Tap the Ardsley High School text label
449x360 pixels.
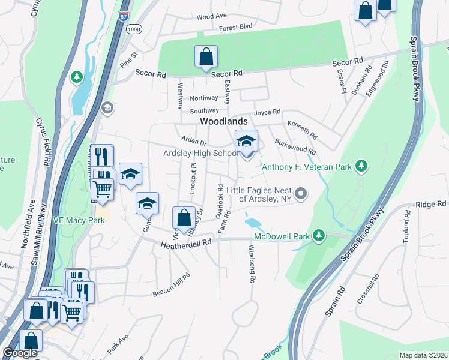(201, 154)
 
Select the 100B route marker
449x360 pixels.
(134, 28)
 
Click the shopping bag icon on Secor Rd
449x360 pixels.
(206, 57)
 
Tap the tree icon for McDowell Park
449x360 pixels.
(320, 236)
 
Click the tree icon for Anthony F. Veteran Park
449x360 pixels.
(361, 166)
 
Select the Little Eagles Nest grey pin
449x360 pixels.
(301, 193)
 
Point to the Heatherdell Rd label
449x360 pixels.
(187, 243)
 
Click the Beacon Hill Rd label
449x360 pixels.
(171, 284)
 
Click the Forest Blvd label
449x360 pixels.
(236, 27)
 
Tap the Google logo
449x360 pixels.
(20, 353)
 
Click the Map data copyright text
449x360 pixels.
(423, 355)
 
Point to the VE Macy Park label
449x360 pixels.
(79, 220)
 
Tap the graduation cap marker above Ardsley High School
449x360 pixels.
(246, 142)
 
